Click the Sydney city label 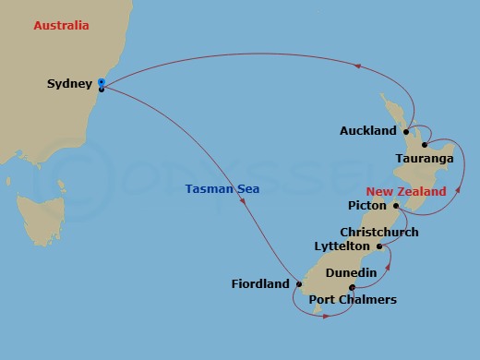click(x=69, y=84)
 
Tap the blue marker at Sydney click(x=100, y=82)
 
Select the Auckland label click(x=366, y=131)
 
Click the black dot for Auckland click(x=406, y=132)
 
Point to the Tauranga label click(x=424, y=160)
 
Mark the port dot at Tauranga click(x=423, y=145)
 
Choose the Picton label click(x=366, y=206)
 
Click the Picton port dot click(x=395, y=206)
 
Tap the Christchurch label click(x=378, y=233)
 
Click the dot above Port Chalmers click(x=353, y=287)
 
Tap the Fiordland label click(x=260, y=284)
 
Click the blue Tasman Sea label click(x=222, y=189)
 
